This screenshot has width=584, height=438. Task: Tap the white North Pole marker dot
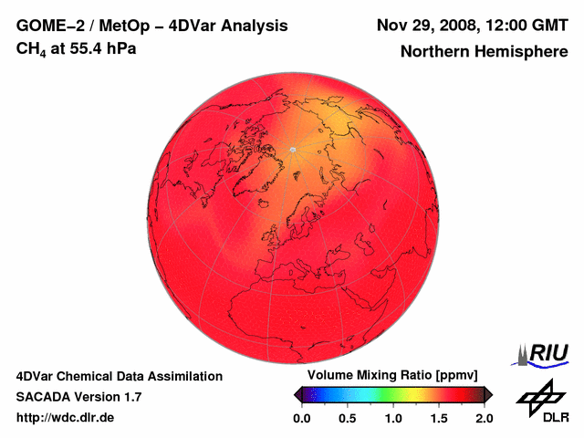pyautogui.click(x=293, y=149)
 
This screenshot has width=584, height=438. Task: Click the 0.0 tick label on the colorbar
pyautogui.click(x=301, y=418)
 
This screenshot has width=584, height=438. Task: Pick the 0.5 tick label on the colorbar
pyautogui.click(x=347, y=418)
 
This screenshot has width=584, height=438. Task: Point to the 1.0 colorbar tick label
pyautogui.click(x=393, y=418)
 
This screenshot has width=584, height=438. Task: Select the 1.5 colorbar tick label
pyautogui.click(x=439, y=418)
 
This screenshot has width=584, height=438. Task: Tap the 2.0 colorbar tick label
pyautogui.click(x=485, y=418)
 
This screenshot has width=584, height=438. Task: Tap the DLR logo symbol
pyautogui.click(x=539, y=397)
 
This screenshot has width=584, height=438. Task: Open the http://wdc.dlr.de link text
pyautogui.click(x=66, y=418)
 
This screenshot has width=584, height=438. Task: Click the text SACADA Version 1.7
pyautogui.click(x=78, y=397)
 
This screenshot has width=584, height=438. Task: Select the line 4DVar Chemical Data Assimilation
pyautogui.click(x=119, y=376)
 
